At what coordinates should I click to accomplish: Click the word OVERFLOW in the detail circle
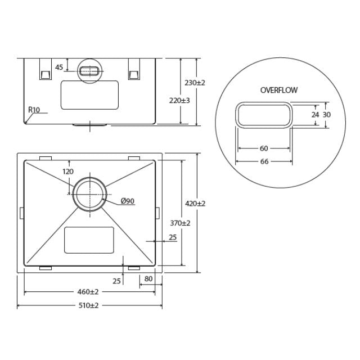pyautogui.click(x=279, y=90)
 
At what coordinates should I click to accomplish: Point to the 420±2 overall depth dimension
pyautogui.click(x=195, y=203)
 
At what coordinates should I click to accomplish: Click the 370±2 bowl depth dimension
pyautogui.click(x=180, y=223)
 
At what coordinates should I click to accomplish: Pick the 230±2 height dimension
pyautogui.click(x=195, y=83)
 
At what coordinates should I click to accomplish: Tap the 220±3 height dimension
pyautogui.click(x=179, y=100)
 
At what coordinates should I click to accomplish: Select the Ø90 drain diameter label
pyautogui.click(x=127, y=201)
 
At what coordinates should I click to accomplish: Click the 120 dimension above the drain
pyautogui.click(x=68, y=172)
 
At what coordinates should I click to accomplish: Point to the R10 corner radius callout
pyautogui.click(x=34, y=110)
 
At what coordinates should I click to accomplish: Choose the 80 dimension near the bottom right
pyautogui.click(x=148, y=278)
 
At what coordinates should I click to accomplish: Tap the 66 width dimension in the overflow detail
pyautogui.click(x=263, y=161)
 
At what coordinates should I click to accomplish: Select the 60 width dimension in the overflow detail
pyautogui.click(x=263, y=148)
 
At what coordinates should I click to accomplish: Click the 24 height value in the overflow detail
pyautogui.click(x=315, y=114)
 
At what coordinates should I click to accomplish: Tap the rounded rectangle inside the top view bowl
pyautogui.click(x=89, y=240)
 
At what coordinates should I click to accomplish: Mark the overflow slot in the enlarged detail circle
pyautogui.click(x=264, y=115)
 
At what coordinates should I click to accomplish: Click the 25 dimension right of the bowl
pyautogui.click(x=172, y=237)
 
